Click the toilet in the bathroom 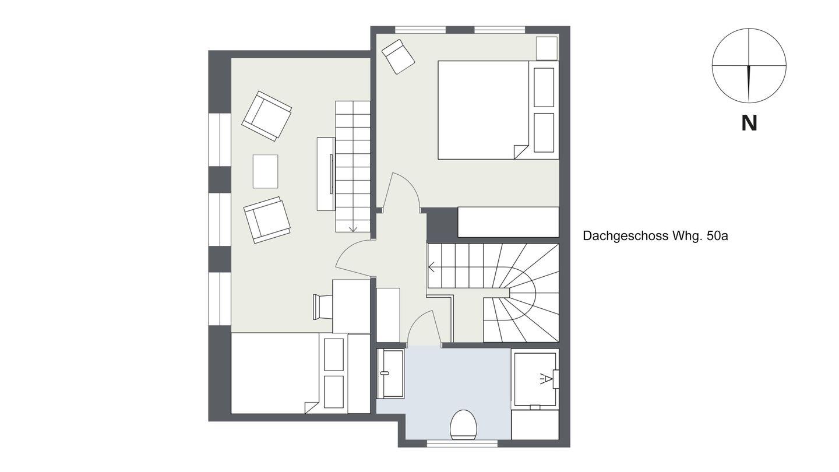click(464, 425)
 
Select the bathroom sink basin click(390, 373)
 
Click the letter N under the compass click(749, 123)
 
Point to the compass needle click(749, 82)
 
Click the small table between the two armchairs click(265, 171)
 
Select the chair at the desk click(323, 307)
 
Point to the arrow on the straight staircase click(352, 228)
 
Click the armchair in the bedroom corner click(398, 57)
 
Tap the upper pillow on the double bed click(544, 87)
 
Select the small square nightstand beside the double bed click(547, 48)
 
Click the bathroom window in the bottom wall click(462, 444)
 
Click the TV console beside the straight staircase click(326, 174)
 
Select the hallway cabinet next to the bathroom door click(388, 315)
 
